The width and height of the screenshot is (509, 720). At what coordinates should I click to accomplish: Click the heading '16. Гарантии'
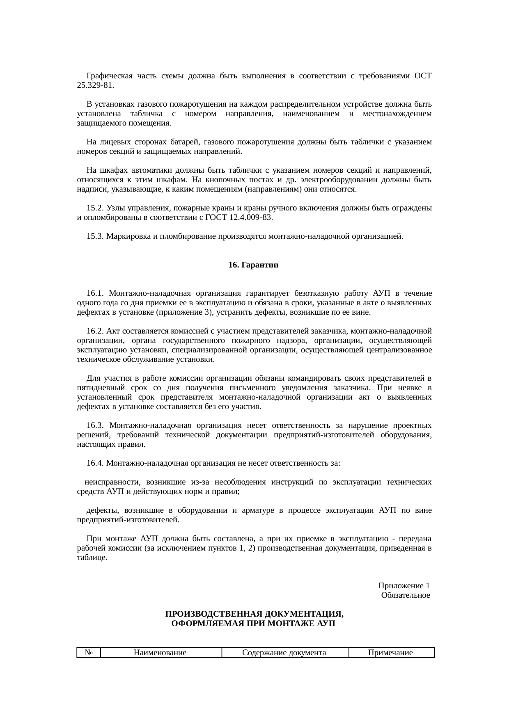(253, 265)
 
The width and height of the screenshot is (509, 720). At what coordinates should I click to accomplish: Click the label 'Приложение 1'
(404, 585)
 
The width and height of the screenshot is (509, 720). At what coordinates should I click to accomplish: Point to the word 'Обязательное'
(405, 595)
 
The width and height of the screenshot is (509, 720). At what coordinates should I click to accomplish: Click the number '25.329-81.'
(96, 85)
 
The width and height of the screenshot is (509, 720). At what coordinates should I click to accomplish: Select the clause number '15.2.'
(95, 208)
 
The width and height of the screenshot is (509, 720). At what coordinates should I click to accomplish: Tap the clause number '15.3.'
(95, 236)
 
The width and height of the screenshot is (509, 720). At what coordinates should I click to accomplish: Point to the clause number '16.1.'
(95, 293)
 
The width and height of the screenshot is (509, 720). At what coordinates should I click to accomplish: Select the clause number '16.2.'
(95, 331)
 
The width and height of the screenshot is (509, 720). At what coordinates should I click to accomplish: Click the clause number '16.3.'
(95, 425)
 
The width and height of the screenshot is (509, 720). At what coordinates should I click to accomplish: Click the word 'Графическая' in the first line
(110, 76)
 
